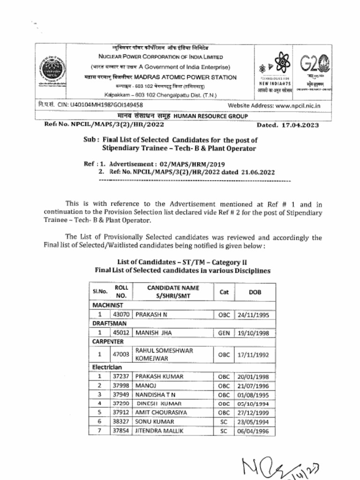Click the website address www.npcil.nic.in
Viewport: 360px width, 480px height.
pos(298,106)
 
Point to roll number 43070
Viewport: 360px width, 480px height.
pos(121,315)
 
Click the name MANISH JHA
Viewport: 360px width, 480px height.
pos(153,333)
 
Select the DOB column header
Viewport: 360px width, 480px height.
pos(255,292)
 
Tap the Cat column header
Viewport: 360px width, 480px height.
pos(224,292)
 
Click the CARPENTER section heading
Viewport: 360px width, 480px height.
pos(108,342)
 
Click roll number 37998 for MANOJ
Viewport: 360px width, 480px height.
pos(121,385)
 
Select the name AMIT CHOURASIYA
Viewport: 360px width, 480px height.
pos(161,412)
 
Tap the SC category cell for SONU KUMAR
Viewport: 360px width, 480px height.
pos(224,421)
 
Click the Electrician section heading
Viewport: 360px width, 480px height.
pos(107,367)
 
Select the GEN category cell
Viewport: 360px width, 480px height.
pos(224,333)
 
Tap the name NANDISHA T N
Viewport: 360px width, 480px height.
pos(155,394)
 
